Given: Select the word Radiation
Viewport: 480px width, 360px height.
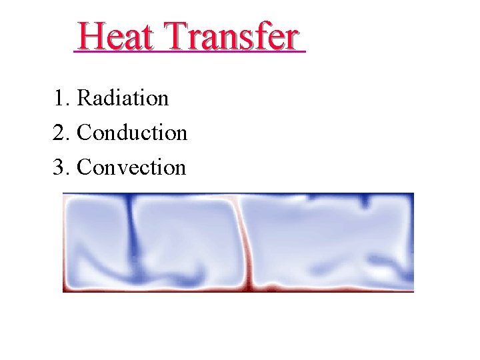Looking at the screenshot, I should [123, 98].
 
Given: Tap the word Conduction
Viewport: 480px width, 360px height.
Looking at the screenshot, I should [132, 133].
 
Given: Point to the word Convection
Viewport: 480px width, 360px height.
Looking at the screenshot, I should [131, 167].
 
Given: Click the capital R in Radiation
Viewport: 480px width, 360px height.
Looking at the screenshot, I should [84, 98].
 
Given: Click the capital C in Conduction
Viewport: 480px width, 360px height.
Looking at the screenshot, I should [85, 133].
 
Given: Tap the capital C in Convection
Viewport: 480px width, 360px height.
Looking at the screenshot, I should [85, 167].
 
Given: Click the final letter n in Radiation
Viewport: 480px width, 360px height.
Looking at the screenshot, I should [163, 99].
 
